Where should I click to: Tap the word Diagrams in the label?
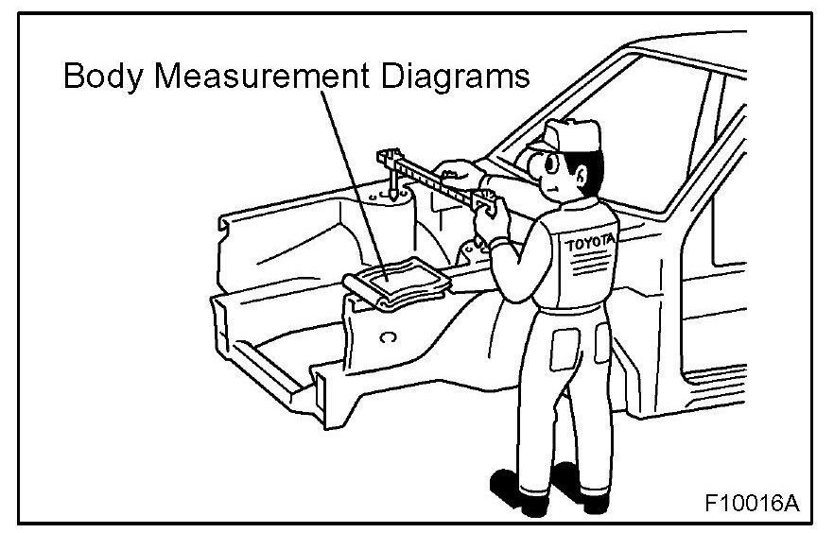(x=453, y=77)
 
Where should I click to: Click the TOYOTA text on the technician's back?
(x=589, y=245)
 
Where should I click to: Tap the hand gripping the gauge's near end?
(x=495, y=218)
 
